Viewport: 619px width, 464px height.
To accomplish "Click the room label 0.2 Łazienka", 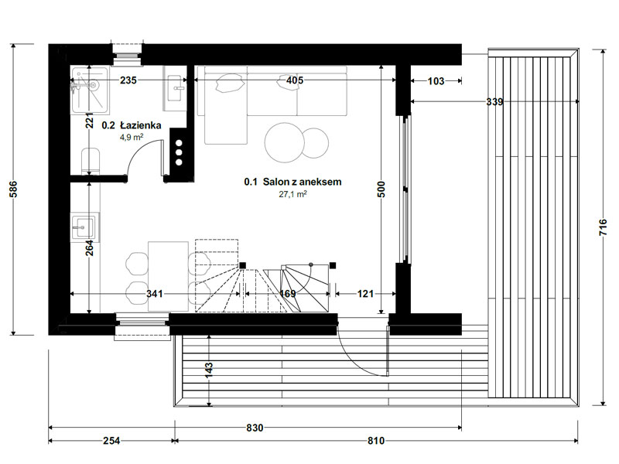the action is (132, 125).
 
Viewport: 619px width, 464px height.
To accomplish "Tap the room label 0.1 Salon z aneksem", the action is (292, 182).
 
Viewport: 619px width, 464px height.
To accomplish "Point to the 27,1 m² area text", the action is (293, 194).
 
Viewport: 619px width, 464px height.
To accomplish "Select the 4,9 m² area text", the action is (132, 137).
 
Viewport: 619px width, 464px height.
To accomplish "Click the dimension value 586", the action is (13, 189).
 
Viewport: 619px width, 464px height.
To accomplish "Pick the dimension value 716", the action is (603, 227).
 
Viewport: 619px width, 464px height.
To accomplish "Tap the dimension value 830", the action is (255, 428).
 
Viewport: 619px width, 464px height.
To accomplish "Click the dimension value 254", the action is (111, 440).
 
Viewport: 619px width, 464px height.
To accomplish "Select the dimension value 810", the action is (376, 440).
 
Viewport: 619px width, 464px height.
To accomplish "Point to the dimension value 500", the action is (381, 189).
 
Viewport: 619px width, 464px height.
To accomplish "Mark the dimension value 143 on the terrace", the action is (209, 370).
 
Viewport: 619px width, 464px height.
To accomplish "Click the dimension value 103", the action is (436, 81).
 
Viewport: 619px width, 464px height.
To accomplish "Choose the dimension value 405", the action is (295, 80).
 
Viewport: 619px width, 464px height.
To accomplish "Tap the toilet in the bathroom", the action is (91, 161).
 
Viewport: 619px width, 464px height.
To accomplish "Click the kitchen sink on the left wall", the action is (84, 227).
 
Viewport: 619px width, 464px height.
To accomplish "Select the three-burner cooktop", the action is (179, 152).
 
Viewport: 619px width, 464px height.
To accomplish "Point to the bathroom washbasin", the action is (175, 88).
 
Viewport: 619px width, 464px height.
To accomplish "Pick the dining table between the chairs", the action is (168, 276).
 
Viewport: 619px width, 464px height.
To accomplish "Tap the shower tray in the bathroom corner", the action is (89, 90).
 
